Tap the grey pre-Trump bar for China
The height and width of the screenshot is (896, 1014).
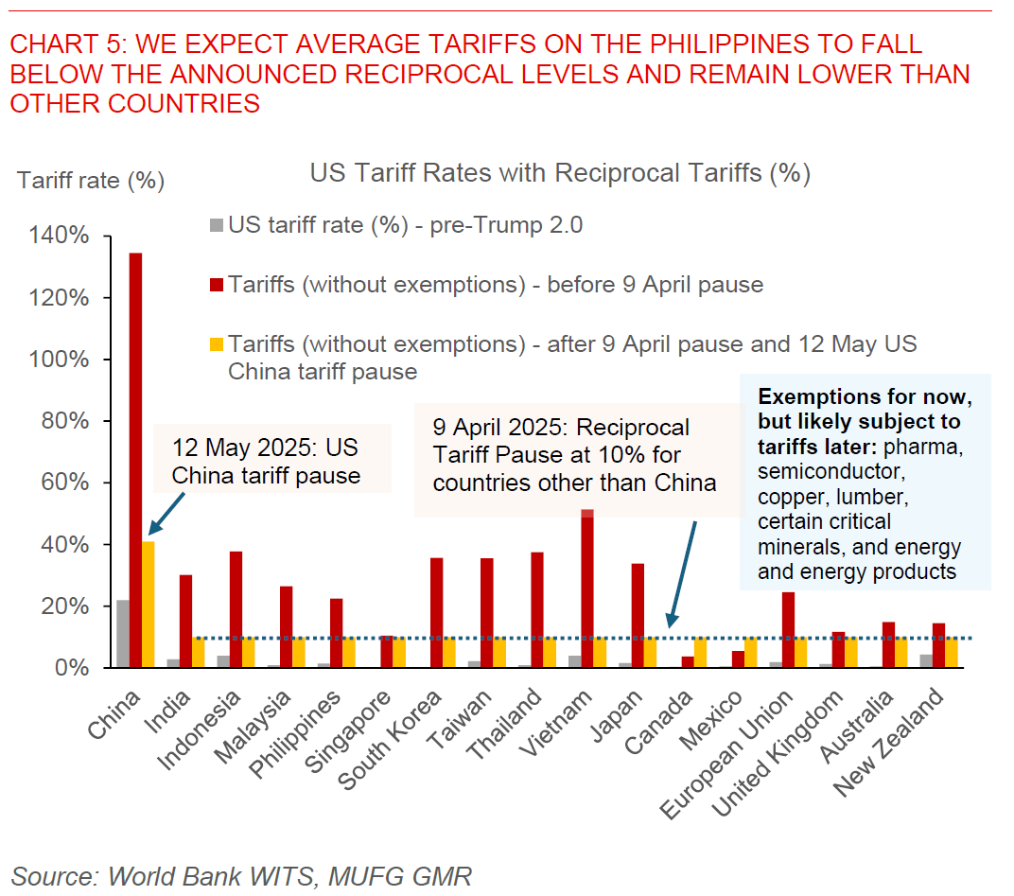point(123,634)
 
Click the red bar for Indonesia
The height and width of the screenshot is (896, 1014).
point(236,609)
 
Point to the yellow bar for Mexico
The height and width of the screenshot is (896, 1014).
point(750,653)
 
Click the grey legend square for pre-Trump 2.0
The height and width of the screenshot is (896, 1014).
point(217,225)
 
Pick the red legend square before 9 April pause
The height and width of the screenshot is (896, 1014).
point(217,285)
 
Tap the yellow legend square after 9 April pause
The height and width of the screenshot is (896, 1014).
point(217,344)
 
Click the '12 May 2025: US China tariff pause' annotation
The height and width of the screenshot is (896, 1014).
point(265,460)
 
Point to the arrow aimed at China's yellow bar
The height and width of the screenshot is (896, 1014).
point(167,518)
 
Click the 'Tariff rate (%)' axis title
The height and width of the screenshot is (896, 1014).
point(91,180)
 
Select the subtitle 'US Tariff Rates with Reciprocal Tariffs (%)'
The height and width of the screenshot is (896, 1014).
point(560,173)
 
